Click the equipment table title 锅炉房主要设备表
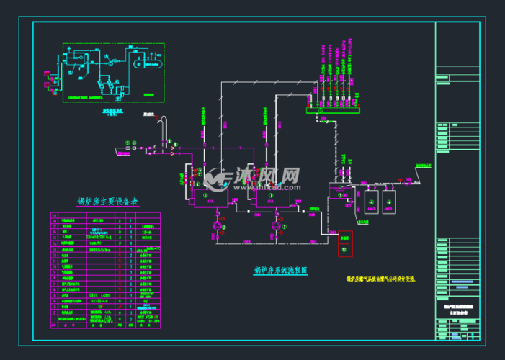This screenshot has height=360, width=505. point(107,202)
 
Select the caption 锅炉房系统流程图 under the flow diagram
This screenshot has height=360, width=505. point(281,271)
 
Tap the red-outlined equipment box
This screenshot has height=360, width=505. point(344,244)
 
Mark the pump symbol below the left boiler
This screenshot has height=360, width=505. point(216,226)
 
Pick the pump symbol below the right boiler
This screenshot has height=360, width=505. point(274,226)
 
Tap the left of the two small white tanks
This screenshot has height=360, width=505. point(372,199)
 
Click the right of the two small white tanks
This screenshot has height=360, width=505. point(389,199)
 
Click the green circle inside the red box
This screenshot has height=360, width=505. point(344,249)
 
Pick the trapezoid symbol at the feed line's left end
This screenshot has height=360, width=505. point(117,150)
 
